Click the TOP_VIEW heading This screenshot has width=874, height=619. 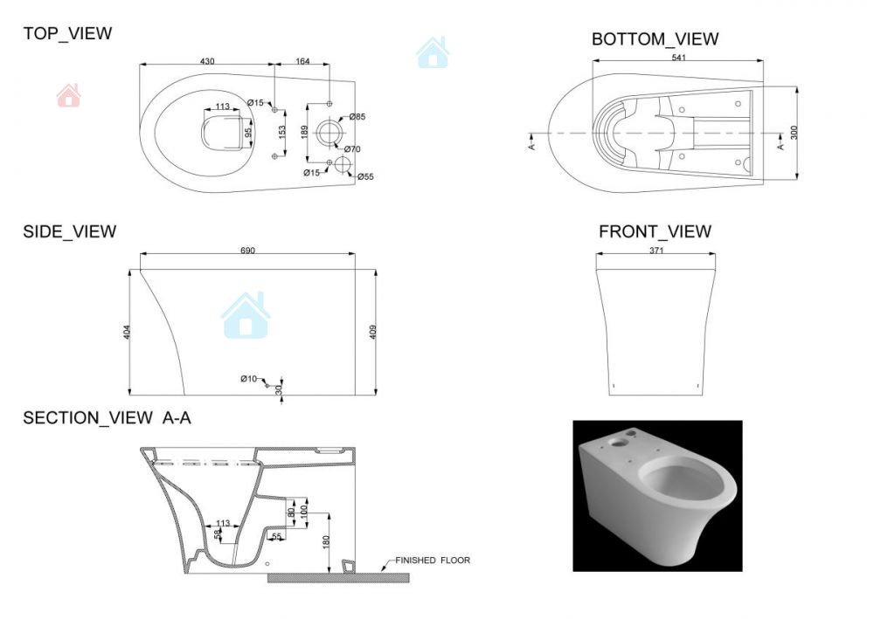pos(67,33)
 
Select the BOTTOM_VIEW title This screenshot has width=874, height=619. pos(655,39)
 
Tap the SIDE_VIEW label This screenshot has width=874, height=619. pos(70,231)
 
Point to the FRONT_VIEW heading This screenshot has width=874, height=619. pos(655,231)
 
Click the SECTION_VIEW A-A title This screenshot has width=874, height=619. pos(107,418)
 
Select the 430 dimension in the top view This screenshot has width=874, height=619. pos(207,61)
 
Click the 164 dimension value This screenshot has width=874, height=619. pos(302,61)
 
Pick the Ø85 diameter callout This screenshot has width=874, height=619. pos(357,117)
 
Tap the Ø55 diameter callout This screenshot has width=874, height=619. pos(365,177)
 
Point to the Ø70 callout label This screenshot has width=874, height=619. pos(352,149)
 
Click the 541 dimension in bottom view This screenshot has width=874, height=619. pos(679,58)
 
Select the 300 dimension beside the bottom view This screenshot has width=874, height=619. pos(794,133)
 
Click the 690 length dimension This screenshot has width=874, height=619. pos(247,251)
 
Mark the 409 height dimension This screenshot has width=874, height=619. pos(373,333)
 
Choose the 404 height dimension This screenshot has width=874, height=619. pos(127,333)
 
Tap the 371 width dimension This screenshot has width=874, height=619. pos(656,251)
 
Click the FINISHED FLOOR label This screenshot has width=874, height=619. pos(433,560)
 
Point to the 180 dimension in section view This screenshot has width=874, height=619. pos(326,541)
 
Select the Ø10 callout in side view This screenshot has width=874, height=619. pos(248,379)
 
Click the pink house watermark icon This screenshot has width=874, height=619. pos(68,95)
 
